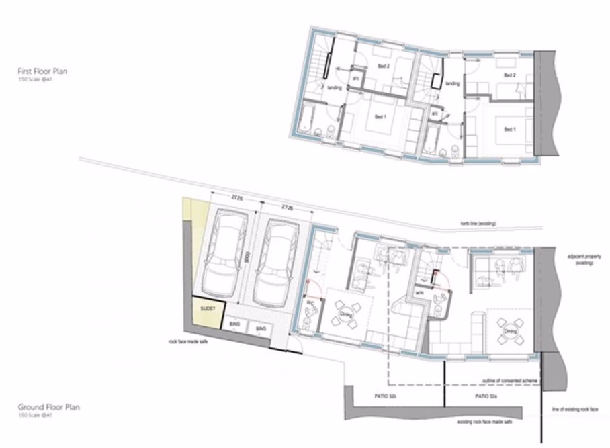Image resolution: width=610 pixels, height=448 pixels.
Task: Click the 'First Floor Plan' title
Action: pos(43,71)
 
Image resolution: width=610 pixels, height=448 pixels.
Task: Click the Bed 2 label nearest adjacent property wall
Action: pos(509,75)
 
